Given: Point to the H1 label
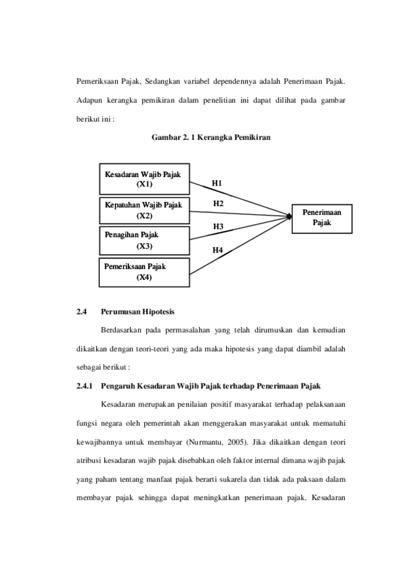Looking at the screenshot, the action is point(216,183).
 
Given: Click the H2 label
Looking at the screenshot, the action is point(218,204).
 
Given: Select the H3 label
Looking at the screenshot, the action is point(218,227).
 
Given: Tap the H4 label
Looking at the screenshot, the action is point(218,250).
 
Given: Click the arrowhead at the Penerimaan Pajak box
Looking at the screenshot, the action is point(290,216).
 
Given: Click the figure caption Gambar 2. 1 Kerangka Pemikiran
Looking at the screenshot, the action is point(211,137).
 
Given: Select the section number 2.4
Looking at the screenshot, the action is point(81,311).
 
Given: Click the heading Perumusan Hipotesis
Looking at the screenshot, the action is point(138,311).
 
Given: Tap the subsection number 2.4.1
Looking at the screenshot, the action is point(84,386).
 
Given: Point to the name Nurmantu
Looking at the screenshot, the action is point(206,442).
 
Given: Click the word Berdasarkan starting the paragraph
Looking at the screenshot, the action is point(121,330).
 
